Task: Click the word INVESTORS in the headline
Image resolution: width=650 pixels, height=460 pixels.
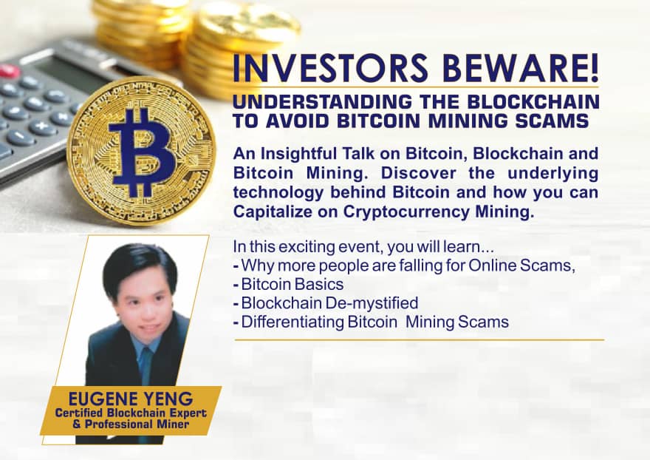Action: coord(330,68)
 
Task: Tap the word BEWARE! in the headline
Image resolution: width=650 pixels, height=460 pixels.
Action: coord(521,68)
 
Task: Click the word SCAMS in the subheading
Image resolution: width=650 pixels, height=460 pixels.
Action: coord(556,121)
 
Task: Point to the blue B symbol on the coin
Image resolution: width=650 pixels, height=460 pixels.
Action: coord(140,152)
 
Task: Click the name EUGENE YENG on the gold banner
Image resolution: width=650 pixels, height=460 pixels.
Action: coord(131,399)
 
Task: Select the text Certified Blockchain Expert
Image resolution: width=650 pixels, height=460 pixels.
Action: coord(131,413)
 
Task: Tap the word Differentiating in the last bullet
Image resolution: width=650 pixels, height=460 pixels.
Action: coord(292,322)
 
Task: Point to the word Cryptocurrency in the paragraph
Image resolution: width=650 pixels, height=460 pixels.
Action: coord(406,212)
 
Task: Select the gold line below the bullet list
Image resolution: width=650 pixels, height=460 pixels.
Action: coord(420,339)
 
